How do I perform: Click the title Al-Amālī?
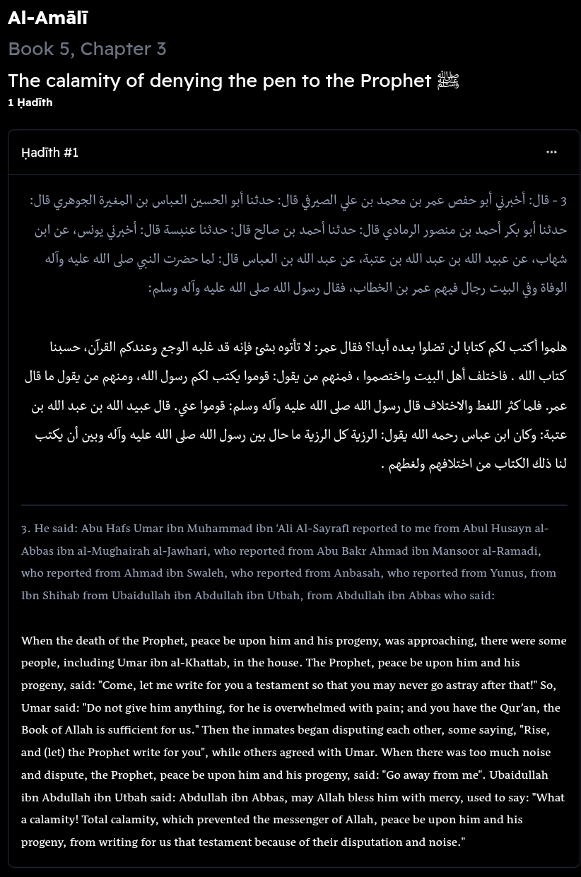[x=47, y=18]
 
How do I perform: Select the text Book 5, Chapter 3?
[x=87, y=49]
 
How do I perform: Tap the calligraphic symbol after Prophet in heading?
[x=448, y=80]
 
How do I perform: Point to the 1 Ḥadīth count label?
[x=30, y=102]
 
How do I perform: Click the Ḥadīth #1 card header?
[x=49, y=153]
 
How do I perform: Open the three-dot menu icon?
[x=551, y=152]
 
